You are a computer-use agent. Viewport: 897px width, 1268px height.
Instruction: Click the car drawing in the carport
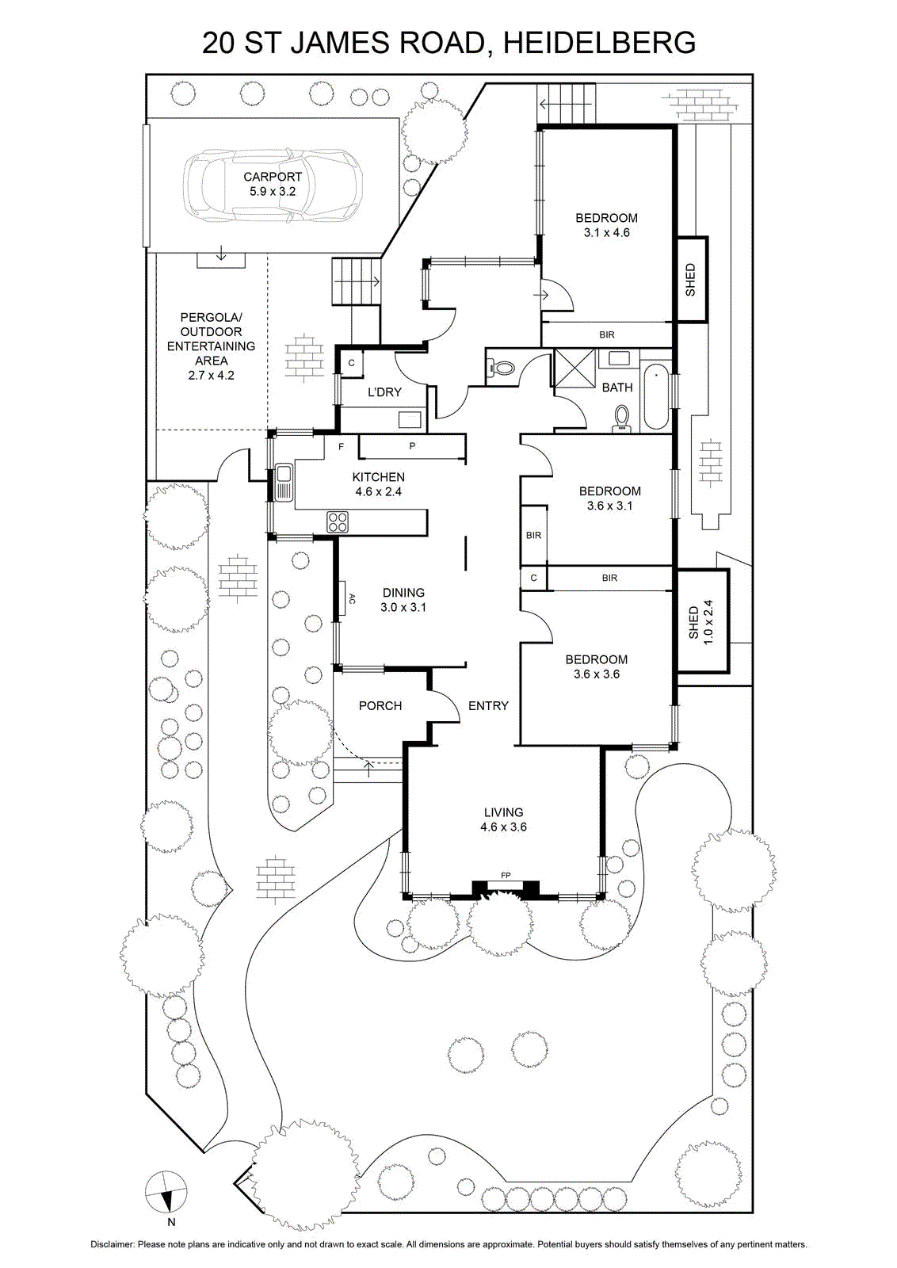(271, 185)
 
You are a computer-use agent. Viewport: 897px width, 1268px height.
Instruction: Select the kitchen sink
(283, 483)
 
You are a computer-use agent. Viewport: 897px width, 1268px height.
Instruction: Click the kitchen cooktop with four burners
(338, 522)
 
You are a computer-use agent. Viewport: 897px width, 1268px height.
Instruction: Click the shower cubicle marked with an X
(574, 368)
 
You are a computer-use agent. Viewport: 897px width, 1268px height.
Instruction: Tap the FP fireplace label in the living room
(506, 876)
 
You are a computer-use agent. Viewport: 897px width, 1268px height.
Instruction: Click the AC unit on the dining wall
(343, 598)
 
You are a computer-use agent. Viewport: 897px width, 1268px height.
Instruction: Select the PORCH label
(380, 706)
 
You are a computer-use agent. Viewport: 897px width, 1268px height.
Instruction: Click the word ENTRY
(488, 706)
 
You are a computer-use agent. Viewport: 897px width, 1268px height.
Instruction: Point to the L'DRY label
(385, 391)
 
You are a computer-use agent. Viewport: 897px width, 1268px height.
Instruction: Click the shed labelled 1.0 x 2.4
(703, 621)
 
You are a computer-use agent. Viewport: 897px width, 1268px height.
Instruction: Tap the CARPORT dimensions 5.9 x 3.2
(273, 191)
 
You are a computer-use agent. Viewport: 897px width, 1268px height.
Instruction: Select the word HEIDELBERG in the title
(599, 43)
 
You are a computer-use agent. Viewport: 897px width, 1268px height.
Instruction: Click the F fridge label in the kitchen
(342, 447)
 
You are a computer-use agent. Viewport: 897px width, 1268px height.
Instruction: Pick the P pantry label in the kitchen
(413, 446)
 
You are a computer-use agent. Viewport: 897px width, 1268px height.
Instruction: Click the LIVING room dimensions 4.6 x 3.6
(504, 827)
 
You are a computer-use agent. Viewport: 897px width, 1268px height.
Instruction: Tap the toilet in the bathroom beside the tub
(622, 418)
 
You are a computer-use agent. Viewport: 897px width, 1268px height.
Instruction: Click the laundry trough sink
(410, 419)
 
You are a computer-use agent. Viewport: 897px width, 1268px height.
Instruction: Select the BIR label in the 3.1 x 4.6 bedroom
(607, 334)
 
